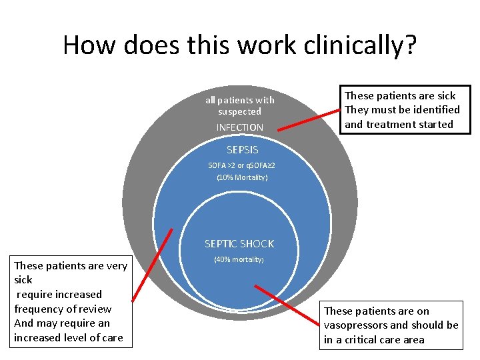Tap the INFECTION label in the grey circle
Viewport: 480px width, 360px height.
point(239,127)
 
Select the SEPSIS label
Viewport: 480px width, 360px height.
point(241,150)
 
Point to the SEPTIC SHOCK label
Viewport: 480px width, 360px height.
point(239,244)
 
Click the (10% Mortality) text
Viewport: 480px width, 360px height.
point(242,177)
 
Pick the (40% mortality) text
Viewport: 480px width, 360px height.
point(239,259)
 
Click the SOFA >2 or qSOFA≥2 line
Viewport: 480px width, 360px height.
point(241,165)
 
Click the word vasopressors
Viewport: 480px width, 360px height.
point(355,325)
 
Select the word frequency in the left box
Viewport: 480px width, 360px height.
point(39,309)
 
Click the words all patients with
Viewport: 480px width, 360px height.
point(239,100)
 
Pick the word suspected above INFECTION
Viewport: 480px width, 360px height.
point(239,111)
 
